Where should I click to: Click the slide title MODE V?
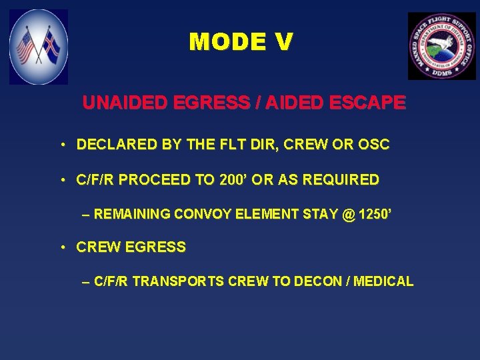241,42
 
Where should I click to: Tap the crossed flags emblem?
39,47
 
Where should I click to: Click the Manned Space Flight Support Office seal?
441,46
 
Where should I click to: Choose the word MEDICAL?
383,281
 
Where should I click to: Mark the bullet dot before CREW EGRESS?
61,248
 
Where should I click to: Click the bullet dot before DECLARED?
61,145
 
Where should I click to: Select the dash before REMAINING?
85,215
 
